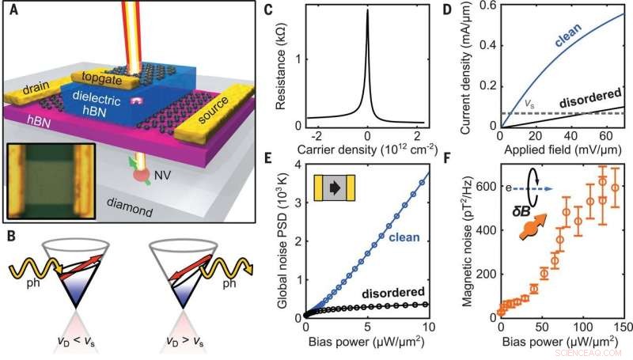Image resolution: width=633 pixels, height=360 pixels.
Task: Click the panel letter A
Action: coord(13,10)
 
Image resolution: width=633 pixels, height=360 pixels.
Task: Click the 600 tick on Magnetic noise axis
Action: coord(480,187)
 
